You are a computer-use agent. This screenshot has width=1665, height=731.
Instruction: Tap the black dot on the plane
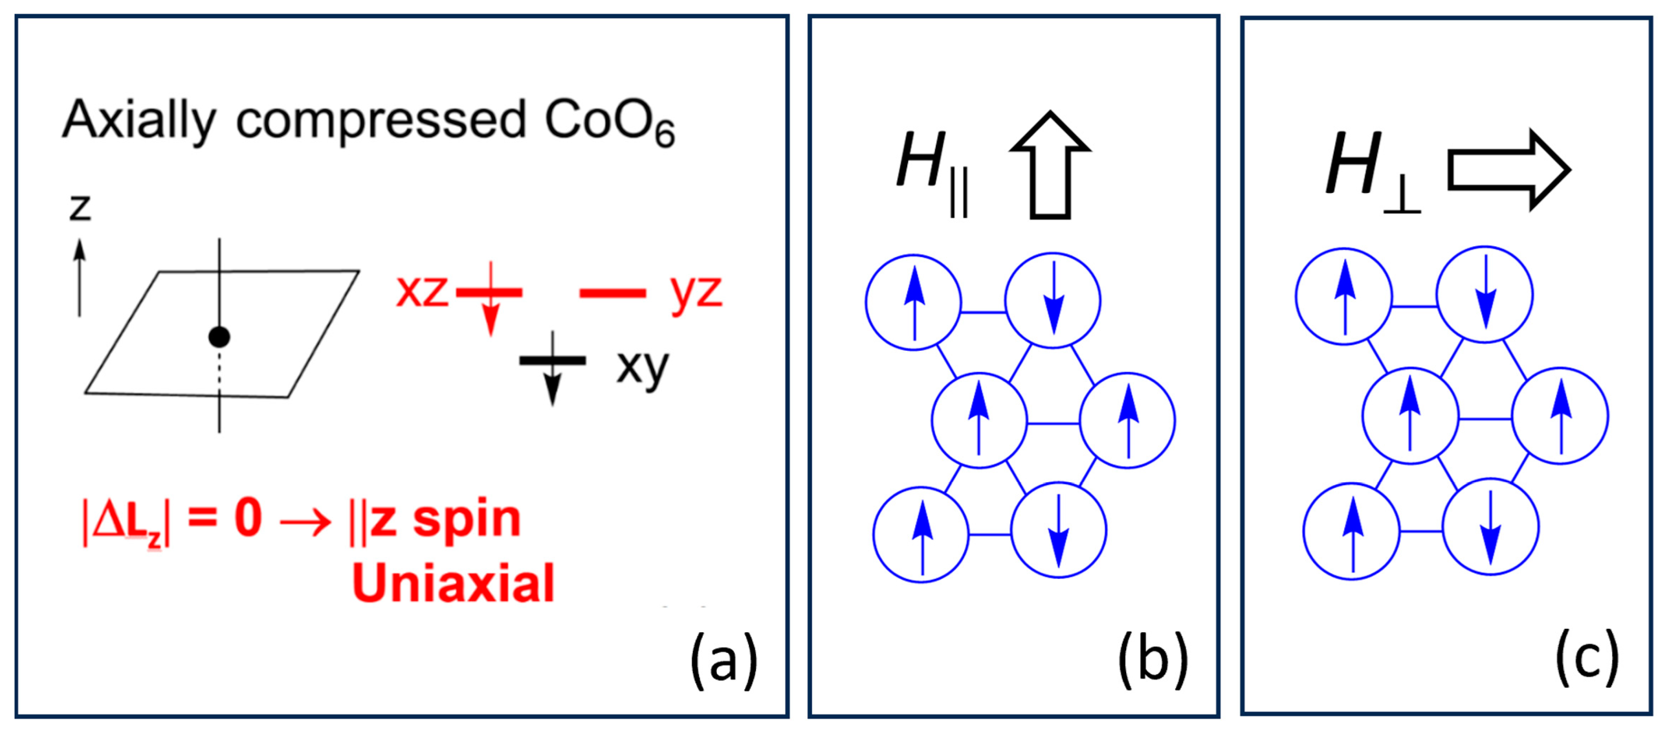[219, 337]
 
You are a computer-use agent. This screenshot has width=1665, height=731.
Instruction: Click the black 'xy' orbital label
[642, 367]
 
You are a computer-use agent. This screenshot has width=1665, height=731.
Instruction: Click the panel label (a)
[723, 660]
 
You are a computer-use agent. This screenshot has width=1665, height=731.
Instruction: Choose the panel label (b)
[1153, 660]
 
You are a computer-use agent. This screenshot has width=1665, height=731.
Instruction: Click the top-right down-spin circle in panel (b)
[1053, 301]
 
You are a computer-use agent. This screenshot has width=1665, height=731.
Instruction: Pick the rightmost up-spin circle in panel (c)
[1560, 416]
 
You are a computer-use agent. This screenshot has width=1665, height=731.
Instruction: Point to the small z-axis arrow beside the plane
[79, 278]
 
